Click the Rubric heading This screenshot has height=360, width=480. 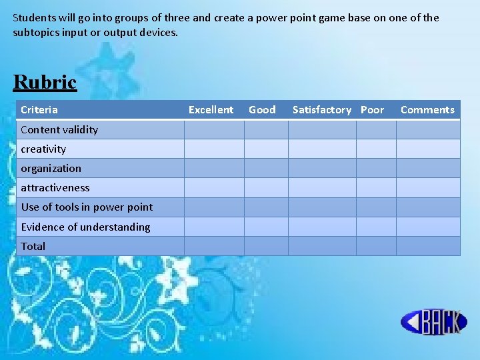point(45,82)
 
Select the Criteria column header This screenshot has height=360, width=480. point(39,110)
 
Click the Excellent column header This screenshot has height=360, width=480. point(211,110)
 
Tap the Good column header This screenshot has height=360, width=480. point(262,110)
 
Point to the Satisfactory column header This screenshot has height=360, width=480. point(321,110)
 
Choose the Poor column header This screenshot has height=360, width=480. point(373,110)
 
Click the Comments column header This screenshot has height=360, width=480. point(427,110)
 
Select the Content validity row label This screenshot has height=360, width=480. point(59,129)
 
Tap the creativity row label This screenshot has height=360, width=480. point(43,149)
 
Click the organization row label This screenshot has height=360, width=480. point(51,168)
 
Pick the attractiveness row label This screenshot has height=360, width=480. point(55,187)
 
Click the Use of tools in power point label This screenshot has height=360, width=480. point(87,207)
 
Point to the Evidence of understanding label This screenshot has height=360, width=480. point(85,227)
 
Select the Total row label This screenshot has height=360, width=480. point(33,246)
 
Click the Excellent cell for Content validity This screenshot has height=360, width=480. point(214,129)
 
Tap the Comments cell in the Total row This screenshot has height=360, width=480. point(428,246)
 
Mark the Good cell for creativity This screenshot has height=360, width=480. point(266,149)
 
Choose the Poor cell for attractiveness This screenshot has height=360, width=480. point(376,187)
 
